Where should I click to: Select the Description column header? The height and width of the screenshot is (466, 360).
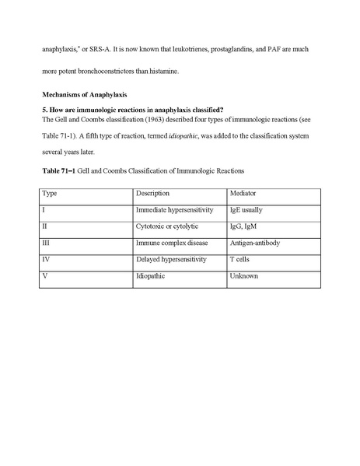tap(152, 192)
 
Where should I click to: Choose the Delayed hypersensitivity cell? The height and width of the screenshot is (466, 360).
tap(170, 259)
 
